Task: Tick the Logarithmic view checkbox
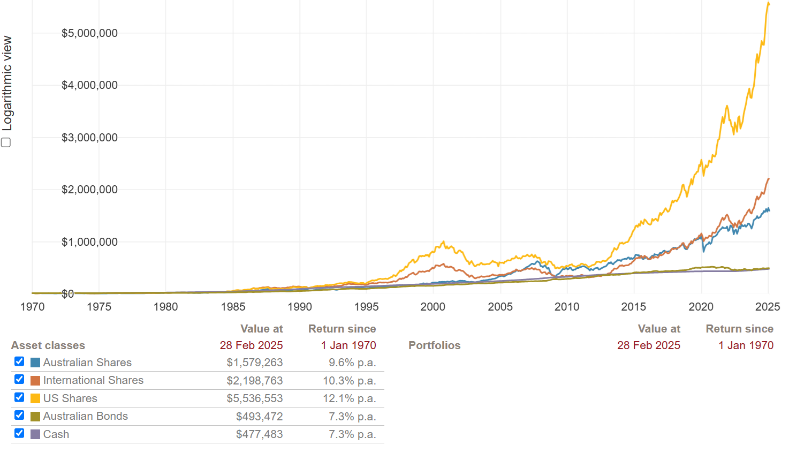pos(6,142)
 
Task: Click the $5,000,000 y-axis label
pos(89,33)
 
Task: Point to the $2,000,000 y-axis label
pos(89,190)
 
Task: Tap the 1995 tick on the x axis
pos(366,307)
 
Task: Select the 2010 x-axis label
pos(567,307)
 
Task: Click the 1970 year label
pos(32,307)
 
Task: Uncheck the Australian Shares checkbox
pos(19,361)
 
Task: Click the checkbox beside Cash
pos(19,433)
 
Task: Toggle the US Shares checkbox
pos(19,397)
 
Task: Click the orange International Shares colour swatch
pos(35,381)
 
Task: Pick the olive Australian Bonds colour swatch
pos(35,417)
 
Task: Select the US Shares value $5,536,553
pos(255,398)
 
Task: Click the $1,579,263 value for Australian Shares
pos(255,363)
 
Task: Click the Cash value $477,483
pos(259,434)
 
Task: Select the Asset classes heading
pos(48,345)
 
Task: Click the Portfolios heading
pos(434,345)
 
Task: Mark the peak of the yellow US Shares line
pos(769,3)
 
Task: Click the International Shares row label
pos(93,380)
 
